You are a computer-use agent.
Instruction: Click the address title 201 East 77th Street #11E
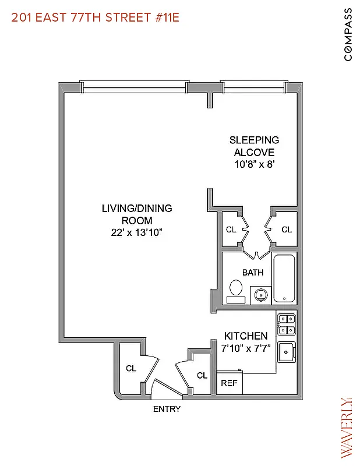(96, 17)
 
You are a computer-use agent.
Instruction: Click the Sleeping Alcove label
(254, 146)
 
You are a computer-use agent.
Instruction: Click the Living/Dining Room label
(137, 214)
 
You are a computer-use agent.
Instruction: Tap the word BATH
(253, 272)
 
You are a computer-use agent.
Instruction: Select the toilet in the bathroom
(236, 291)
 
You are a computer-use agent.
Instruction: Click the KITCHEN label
(246, 336)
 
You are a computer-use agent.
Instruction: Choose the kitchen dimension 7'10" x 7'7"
(246, 348)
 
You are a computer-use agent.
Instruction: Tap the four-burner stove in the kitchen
(286, 324)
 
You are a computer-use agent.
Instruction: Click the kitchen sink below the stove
(287, 352)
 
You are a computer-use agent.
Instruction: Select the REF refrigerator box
(230, 384)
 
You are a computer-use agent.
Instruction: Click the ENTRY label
(167, 409)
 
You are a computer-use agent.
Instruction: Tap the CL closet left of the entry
(131, 368)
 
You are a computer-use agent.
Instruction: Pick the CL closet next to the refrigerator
(202, 376)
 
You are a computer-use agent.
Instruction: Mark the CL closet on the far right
(287, 230)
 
